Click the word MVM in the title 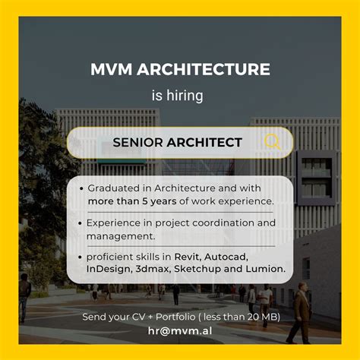[x=112, y=70]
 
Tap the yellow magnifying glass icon [x=272, y=142]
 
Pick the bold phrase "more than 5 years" [x=131, y=201]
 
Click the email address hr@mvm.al [x=181, y=330]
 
